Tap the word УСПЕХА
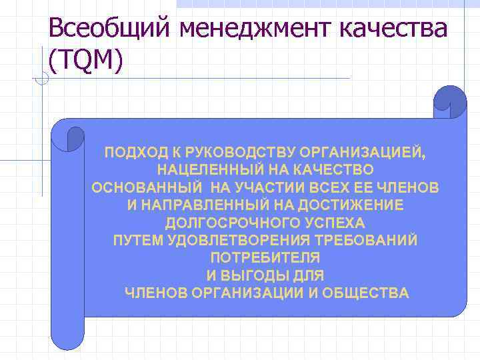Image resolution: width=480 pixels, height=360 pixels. coord(335,223)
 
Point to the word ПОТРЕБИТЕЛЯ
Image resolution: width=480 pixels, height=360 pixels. coord(265,257)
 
